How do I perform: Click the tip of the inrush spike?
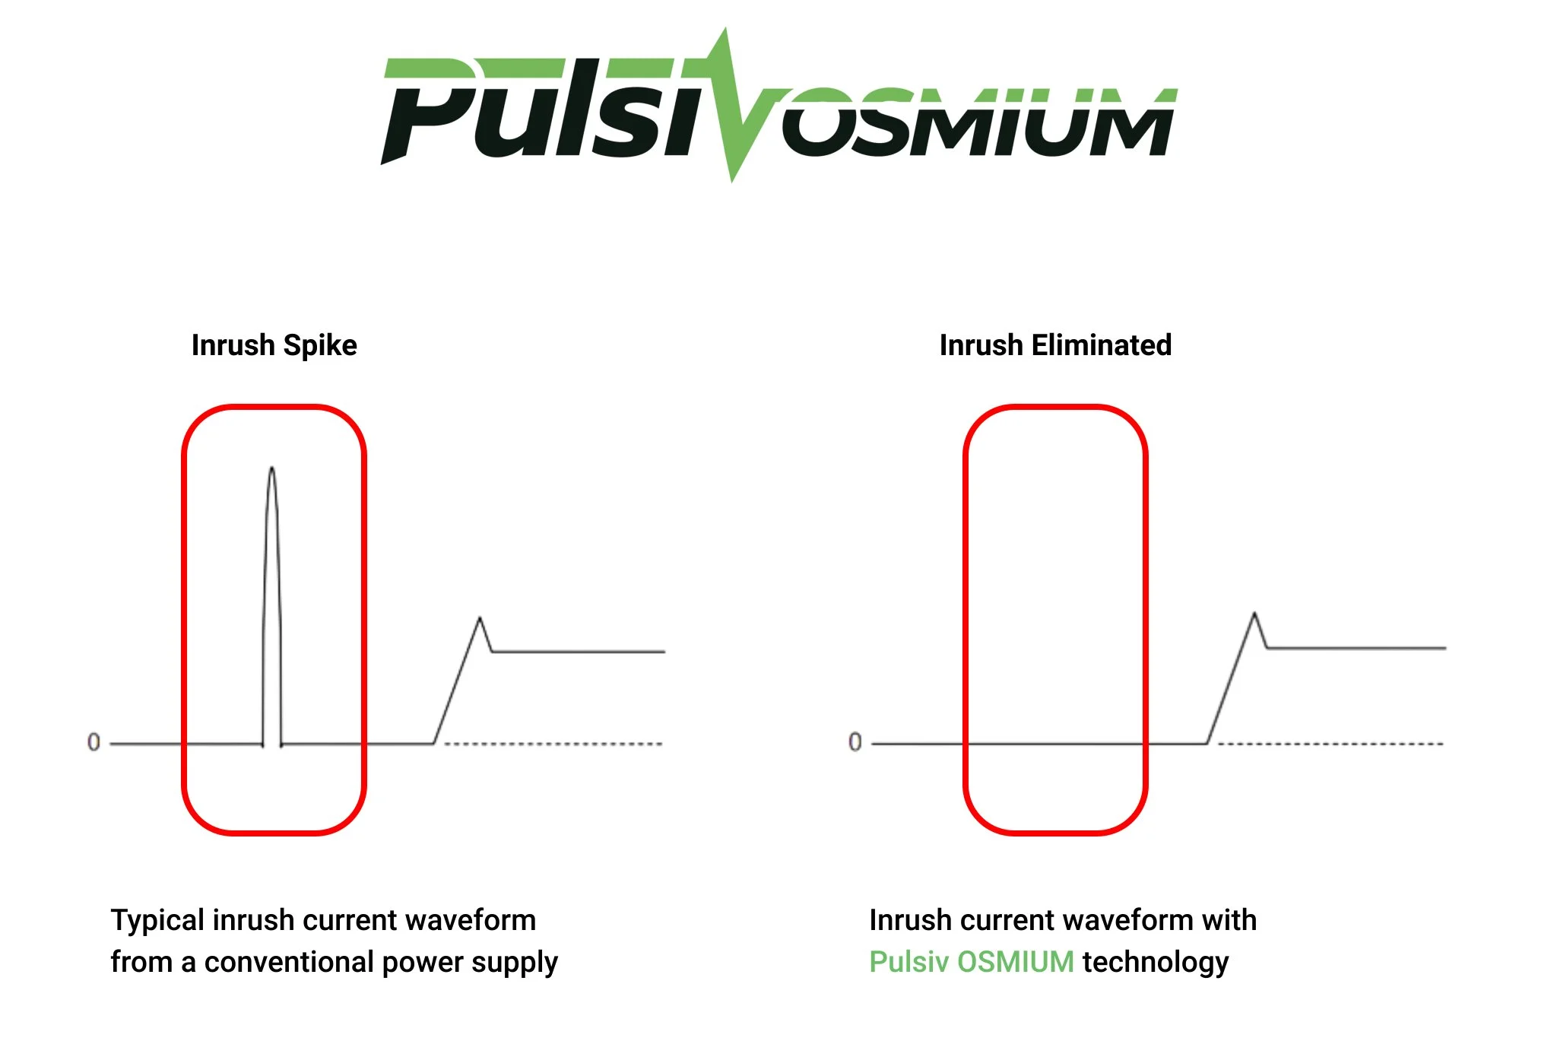(x=272, y=468)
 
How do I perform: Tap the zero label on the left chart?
(x=94, y=742)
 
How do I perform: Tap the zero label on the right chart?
(x=855, y=742)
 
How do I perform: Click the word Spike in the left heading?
(x=319, y=346)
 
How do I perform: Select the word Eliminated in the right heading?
(x=1102, y=345)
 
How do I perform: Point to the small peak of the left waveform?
(x=480, y=618)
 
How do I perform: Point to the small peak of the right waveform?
(x=1254, y=614)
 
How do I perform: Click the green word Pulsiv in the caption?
(x=908, y=962)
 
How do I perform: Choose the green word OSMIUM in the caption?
(x=1015, y=962)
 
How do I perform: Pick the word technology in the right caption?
(x=1155, y=963)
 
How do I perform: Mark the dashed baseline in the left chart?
(x=553, y=744)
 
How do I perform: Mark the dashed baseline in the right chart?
(x=1330, y=744)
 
